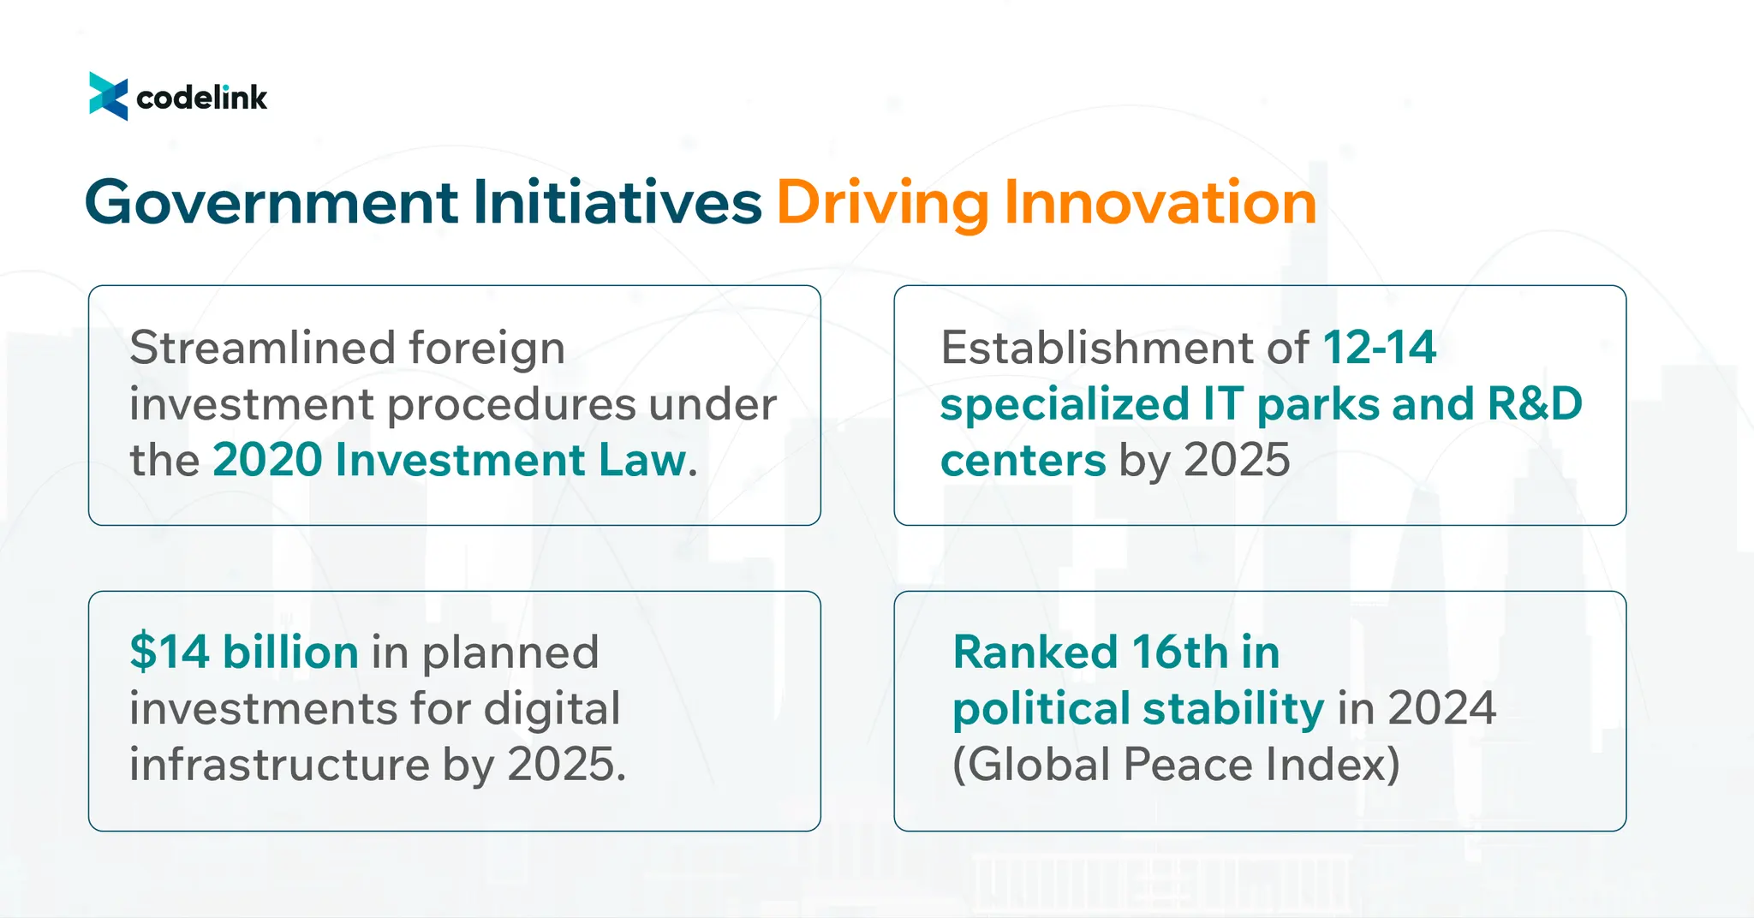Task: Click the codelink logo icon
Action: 109,97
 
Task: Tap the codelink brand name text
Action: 202,98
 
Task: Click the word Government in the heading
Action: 271,203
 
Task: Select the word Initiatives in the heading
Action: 617,202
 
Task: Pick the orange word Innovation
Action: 1160,202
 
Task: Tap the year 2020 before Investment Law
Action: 267,460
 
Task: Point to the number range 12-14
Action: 1380,348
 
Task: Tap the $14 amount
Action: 170,652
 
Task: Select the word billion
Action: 290,652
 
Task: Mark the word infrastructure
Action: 280,764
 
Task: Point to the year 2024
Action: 1441,708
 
